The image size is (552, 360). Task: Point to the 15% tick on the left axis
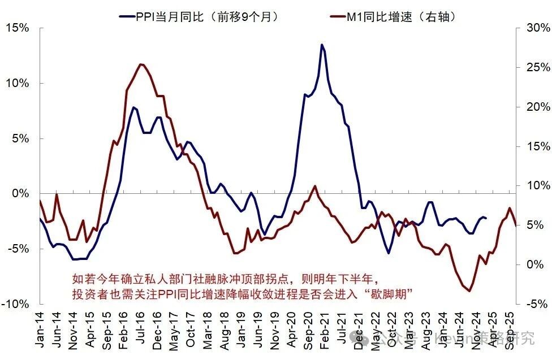(x=18, y=28)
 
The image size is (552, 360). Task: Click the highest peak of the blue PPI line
(x=322, y=45)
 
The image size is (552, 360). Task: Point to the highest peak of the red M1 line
(x=141, y=64)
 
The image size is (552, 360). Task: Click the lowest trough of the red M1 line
(x=469, y=291)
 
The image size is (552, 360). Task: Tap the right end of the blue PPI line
(x=486, y=218)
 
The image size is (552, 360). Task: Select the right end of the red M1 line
(x=515, y=224)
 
